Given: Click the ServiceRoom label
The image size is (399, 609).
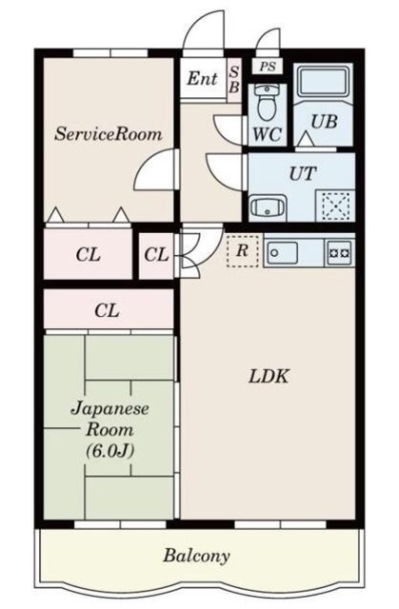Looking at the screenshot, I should point(108,135).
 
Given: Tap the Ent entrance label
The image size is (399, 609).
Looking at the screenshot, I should point(201,79).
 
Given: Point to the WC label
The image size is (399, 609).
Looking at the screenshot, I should point(266,134).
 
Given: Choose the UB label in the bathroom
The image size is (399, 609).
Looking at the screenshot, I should point(323,121).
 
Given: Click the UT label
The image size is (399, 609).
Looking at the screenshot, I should point(303,173).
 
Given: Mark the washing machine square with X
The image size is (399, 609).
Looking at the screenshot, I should point(334,206).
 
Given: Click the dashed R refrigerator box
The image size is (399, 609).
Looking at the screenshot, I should point(243,251).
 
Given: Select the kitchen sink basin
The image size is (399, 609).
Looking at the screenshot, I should point(283,252).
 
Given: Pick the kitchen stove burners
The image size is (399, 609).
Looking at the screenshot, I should point(338,252).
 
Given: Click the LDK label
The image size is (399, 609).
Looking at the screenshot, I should point(269,376).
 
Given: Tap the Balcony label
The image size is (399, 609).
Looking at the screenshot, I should point(196,555).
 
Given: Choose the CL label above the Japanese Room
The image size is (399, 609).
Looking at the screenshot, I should point(107,309).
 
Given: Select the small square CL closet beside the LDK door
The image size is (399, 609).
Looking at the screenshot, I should point(157,255).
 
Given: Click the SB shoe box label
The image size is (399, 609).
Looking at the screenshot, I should point(233,79).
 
